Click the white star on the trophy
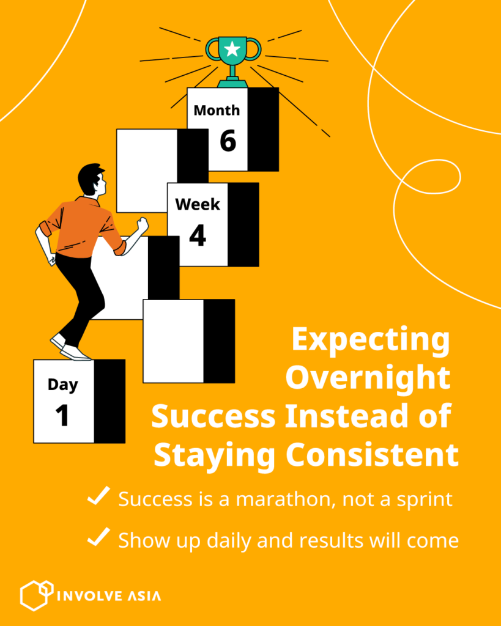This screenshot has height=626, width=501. [x=232, y=50]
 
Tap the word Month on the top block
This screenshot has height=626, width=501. [x=217, y=110]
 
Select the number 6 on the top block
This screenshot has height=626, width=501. [x=228, y=141]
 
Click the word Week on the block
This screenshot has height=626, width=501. [x=198, y=204]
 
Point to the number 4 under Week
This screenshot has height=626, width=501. [x=198, y=235]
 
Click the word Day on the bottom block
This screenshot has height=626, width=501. [x=63, y=385]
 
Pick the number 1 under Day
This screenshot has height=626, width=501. [x=62, y=416]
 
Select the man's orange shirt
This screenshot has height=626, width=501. [x=82, y=227]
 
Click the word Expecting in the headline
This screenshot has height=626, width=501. [x=371, y=340]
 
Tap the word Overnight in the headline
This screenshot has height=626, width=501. [x=368, y=378]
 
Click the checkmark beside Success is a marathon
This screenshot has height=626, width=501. [x=98, y=496]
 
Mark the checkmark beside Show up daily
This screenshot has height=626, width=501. [x=98, y=537]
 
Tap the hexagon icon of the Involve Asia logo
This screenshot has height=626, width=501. [x=37, y=595]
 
